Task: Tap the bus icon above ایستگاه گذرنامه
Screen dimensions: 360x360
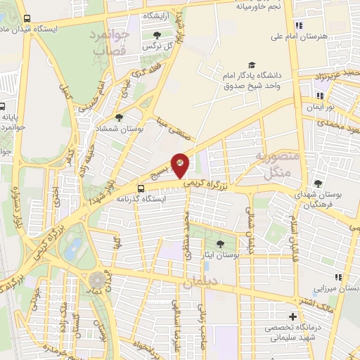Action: tap(142, 188)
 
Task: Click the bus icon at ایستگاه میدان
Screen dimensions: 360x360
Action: tap(27, 18)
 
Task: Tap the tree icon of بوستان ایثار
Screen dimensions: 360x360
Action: tap(221, 243)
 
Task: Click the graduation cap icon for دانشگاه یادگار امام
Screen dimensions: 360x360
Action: tap(252, 63)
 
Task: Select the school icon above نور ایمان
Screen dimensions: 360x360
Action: tap(320, 96)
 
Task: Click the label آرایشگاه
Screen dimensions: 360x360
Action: tap(160, 15)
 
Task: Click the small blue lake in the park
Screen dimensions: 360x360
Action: tap(72, 248)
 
